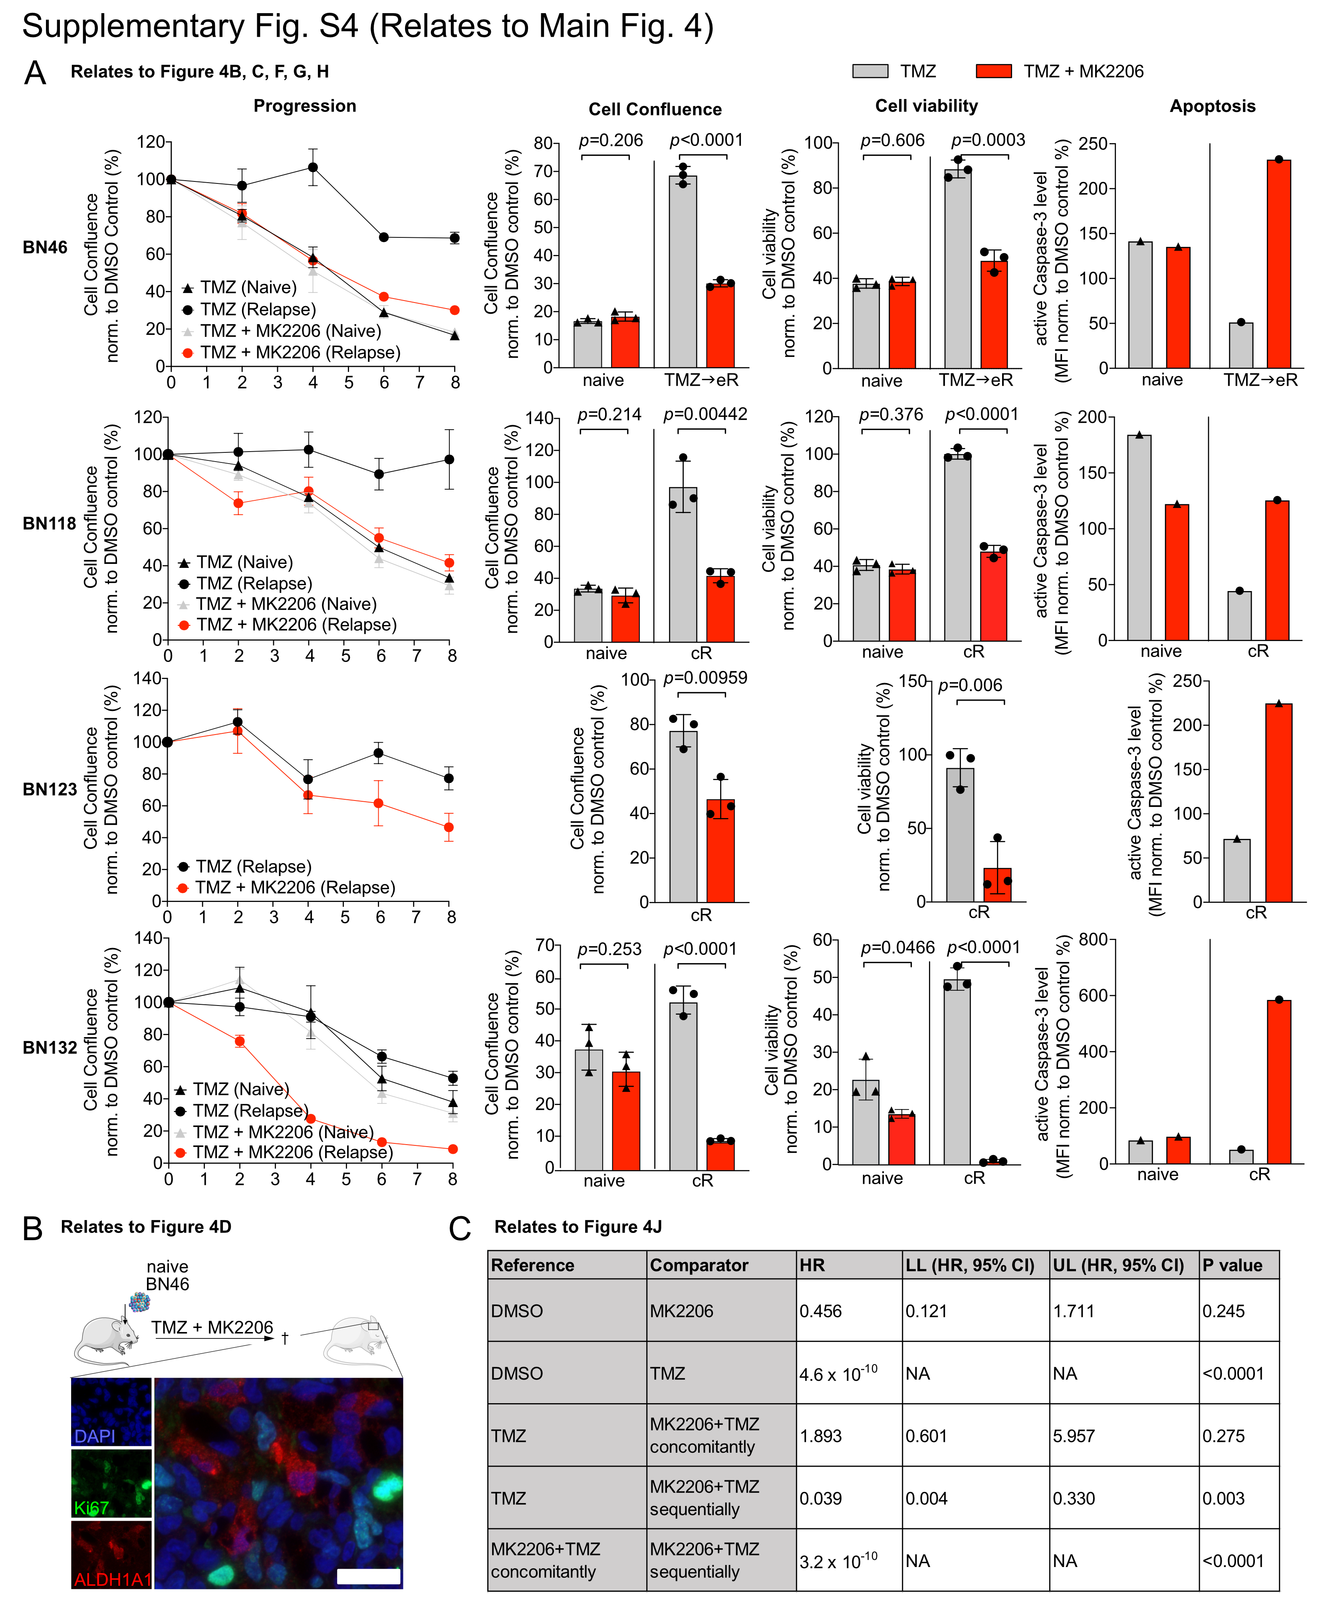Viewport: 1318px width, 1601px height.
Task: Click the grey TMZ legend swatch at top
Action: pyautogui.click(x=869, y=72)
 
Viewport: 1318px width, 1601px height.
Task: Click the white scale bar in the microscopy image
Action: pyautogui.click(x=368, y=1577)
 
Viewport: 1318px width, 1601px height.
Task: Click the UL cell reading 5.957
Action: pyautogui.click(x=1074, y=1436)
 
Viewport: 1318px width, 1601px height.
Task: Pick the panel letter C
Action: pyautogui.click(x=460, y=1228)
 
